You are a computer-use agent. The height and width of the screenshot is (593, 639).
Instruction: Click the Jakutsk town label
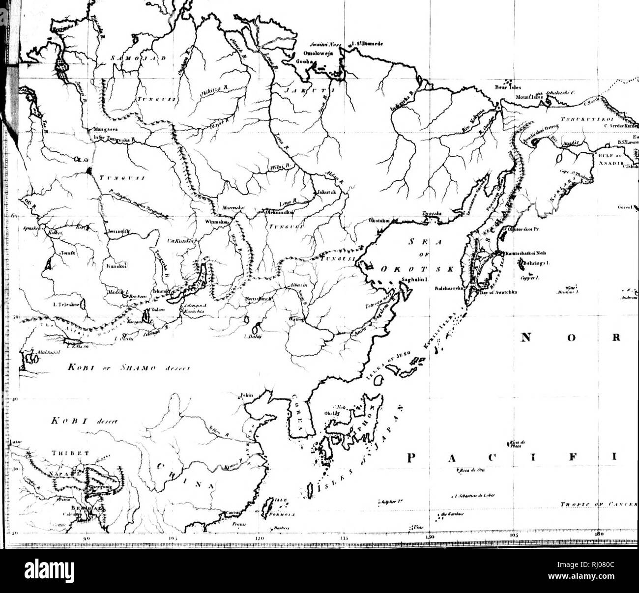tap(326, 192)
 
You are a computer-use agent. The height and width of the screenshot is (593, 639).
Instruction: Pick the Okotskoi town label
tap(379, 222)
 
